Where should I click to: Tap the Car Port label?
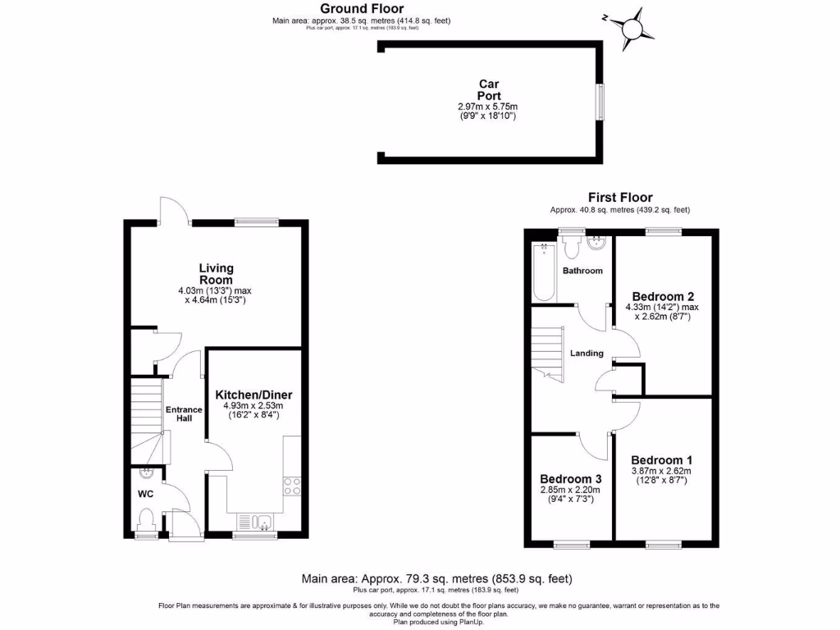click(489, 89)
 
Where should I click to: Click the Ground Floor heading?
click(362, 9)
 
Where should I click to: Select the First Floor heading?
click(619, 197)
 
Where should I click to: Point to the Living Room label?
click(216, 274)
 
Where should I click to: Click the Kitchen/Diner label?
click(253, 395)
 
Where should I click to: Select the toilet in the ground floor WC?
click(147, 519)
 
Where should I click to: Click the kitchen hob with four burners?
click(292, 486)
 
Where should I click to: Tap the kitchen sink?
click(254, 521)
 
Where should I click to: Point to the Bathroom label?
click(582, 271)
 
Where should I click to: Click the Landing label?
click(587, 354)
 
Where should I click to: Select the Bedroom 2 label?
click(663, 296)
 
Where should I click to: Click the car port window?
click(600, 103)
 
